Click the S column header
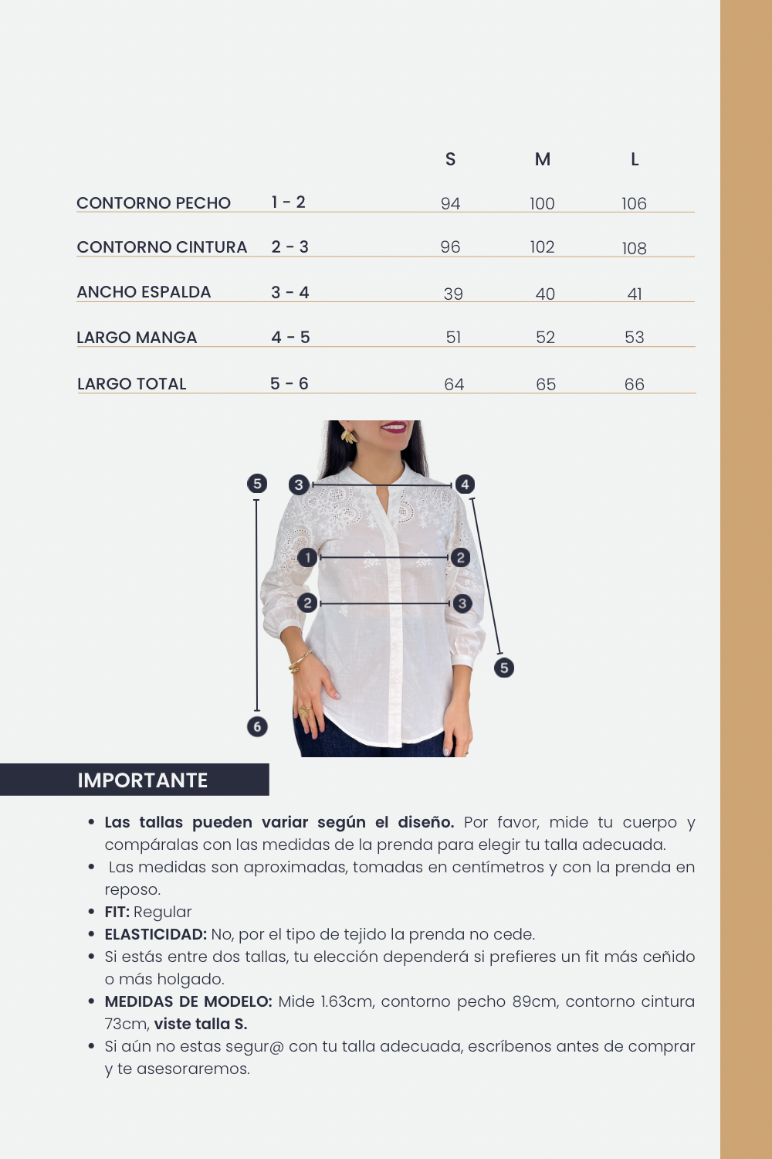(x=451, y=159)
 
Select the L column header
(x=635, y=159)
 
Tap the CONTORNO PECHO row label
(x=154, y=203)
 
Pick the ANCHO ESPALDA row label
(x=144, y=292)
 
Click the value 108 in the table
(x=635, y=248)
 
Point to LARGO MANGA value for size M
(x=545, y=338)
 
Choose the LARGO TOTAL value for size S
(x=454, y=385)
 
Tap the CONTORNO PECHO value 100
(x=542, y=204)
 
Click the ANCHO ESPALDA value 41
(x=635, y=294)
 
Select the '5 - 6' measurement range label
(x=289, y=384)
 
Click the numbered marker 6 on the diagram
(x=257, y=726)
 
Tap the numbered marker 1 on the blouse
(x=307, y=557)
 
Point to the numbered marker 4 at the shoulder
(x=465, y=484)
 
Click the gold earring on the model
(x=349, y=437)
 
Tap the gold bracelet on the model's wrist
(x=300, y=661)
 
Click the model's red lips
(x=394, y=427)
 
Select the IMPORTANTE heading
(x=143, y=780)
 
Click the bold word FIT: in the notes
(x=117, y=913)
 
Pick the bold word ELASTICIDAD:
(x=156, y=935)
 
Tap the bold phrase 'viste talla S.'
(x=201, y=1025)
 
